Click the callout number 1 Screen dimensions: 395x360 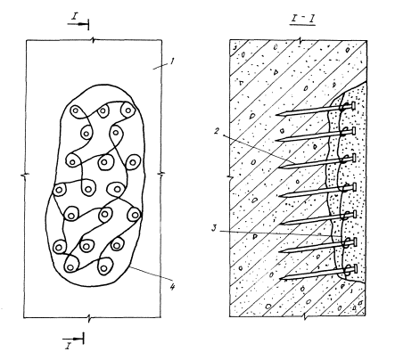point(172,61)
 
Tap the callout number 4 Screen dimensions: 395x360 point(172,286)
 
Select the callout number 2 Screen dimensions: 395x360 point(218,130)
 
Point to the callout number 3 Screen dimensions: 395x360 point(215,228)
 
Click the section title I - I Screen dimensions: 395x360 point(302,19)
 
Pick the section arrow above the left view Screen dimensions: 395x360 point(78,24)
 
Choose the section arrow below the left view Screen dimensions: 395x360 point(73,339)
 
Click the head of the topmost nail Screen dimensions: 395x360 point(354,105)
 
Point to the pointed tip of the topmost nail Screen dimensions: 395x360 point(276,115)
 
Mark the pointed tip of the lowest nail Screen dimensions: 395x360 point(281,278)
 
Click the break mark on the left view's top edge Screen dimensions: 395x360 point(94,40)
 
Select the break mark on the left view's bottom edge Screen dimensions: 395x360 point(89,318)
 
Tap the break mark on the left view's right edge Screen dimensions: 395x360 point(161,175)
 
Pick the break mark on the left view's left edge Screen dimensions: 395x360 point(25,175)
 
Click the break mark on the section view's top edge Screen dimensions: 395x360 point(300,40)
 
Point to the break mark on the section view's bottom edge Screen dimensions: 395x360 point(305,317)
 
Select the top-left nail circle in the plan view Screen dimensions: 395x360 point(76,111)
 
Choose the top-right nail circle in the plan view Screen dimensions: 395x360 point(128,110)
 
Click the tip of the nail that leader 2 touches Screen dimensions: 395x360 point(279,167)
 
